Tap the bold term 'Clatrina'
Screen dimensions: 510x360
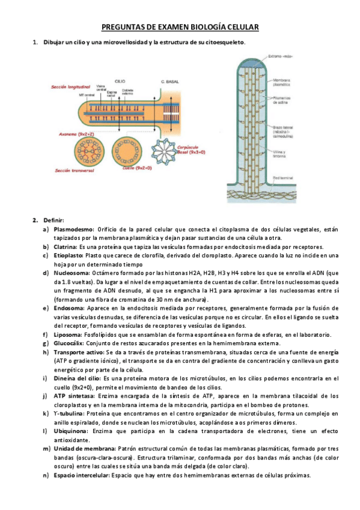tap(65, 246)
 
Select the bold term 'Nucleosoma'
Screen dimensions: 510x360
tap(70, 272)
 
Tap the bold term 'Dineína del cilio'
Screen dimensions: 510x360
tap(77, 378)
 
